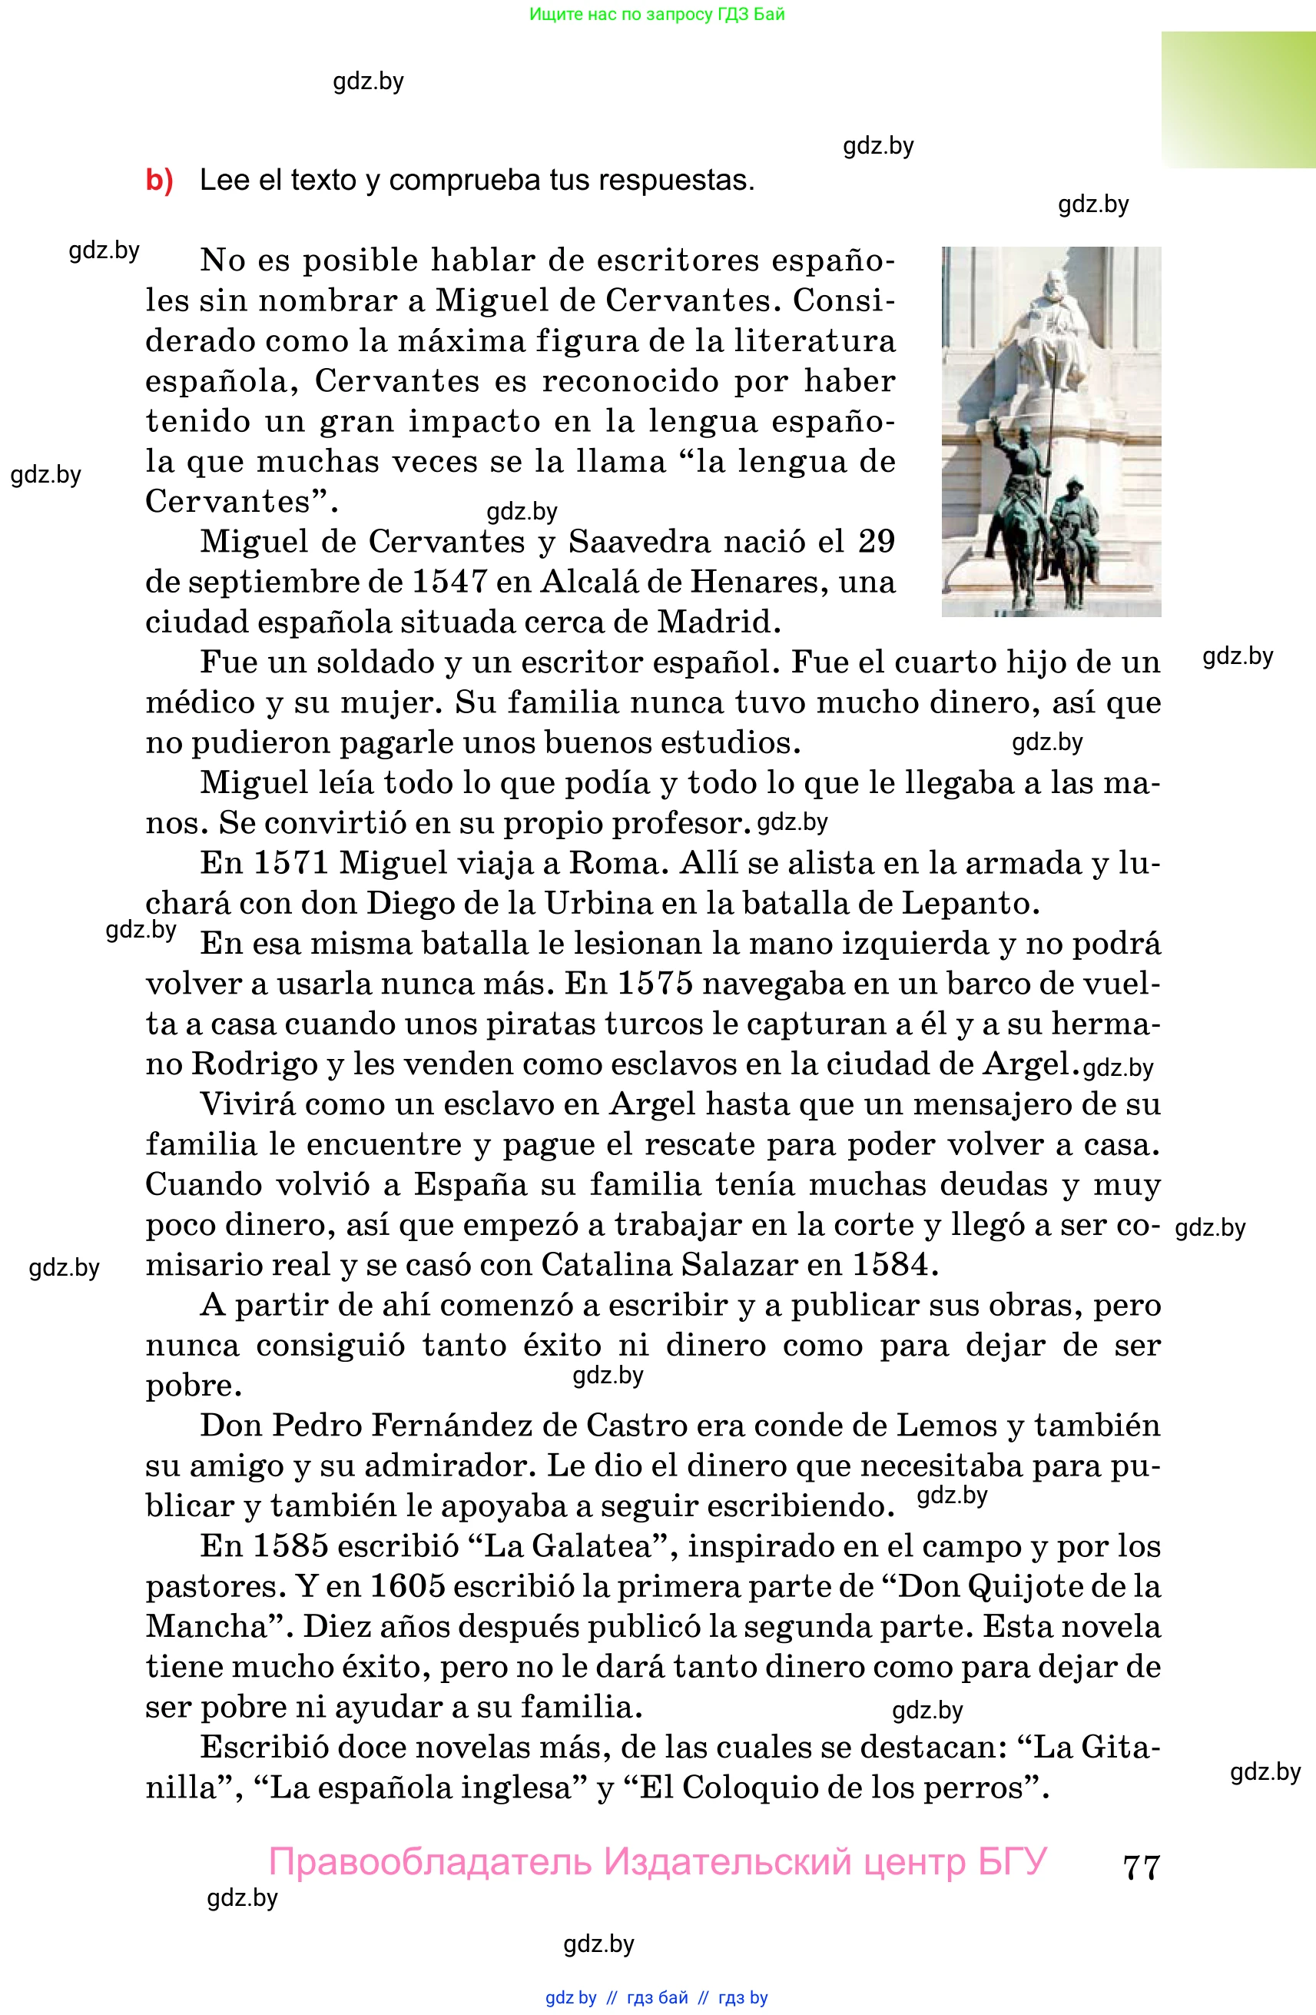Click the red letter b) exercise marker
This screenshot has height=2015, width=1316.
[159, 181]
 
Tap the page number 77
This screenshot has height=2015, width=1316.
[1141, 1867]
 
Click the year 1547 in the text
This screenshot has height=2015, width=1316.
[449, 582]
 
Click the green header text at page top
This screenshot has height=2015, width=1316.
[657, 15]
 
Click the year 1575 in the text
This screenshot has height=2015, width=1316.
[655, 983]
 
